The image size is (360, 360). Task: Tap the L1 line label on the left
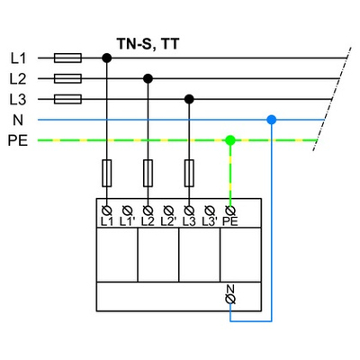[x=18, y=58]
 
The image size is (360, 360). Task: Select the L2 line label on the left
[x=18, y=78]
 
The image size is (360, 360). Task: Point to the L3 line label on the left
[x=18, y=99]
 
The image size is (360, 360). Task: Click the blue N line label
[x=18, y=120]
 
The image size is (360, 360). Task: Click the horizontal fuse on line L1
[x=69, y=58]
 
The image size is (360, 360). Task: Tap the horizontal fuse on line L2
[x=69, y=78]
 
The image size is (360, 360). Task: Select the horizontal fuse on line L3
[x=69, y=99]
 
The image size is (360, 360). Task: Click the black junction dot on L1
[x=107, y=58]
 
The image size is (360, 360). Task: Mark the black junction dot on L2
[x=148, y=78]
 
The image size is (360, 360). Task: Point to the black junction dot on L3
[x=189, y=99]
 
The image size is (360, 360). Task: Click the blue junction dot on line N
[x=271, y=119]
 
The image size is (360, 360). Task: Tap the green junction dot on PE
[x=229, y=140]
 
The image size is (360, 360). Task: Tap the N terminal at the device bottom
[x=229, y=294]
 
